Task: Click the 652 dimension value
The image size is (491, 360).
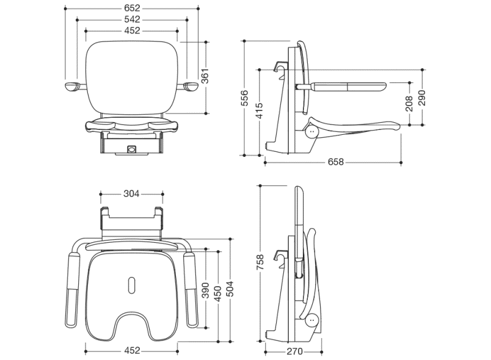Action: pyautogui.click(x=131, y=8)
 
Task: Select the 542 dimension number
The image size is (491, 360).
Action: pyautogui.click(x=131, y=20)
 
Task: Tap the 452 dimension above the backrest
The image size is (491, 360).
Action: pyautogui.click(x=131, y=31)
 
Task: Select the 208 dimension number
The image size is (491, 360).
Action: pyautogui.click(x=409, y=103)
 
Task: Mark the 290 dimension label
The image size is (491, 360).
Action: pyautogui.click(x=421, y=98)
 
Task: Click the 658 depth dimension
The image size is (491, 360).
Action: pyautogui.click(x=335, y=162)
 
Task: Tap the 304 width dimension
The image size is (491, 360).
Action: pyautogui.click(x=131, y=194)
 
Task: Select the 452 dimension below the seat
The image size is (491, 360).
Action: pyautogui.click(x=132, y=350)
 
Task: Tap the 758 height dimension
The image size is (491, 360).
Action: pyautogui.click(x=260, y=262)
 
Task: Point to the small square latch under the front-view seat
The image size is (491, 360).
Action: pyautogui.click(x=131, y=148)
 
